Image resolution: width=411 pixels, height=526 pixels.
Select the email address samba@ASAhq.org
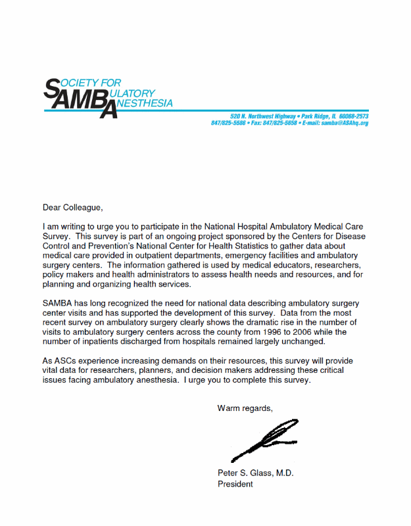pyautogui.click(x=345, y=123)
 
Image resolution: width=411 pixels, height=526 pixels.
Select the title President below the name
pyautogui.click(x=235, y=485)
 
